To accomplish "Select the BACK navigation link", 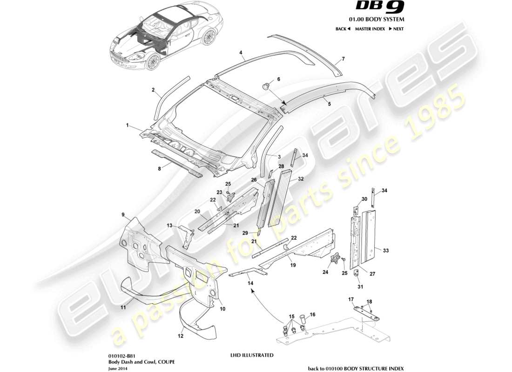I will [342, 29].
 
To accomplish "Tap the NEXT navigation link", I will [396, 29].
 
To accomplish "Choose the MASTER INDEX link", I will [370, 29].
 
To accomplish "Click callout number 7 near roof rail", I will [343, 59].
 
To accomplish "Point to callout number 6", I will [279, 80].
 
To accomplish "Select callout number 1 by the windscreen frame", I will [127, 126].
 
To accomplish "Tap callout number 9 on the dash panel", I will [123, 214].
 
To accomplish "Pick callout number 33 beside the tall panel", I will [385, 251].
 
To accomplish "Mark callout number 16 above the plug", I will [313, 315].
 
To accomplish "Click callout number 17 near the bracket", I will [351, 300].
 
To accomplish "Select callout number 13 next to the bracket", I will [170, 226].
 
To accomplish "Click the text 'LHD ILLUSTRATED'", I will [252, 355].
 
